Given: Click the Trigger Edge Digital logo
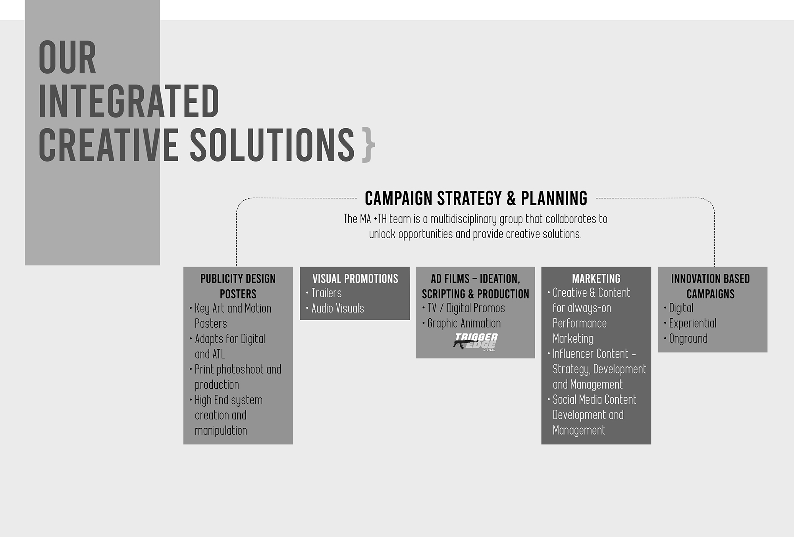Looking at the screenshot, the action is [476, 342].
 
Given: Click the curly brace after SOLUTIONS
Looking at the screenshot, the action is [368, 145].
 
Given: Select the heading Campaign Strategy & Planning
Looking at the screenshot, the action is [476, 198].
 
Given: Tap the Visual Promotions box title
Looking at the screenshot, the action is [355, 279].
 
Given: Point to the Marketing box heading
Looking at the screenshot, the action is [596, 279].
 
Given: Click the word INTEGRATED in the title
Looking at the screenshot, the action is [129, 101].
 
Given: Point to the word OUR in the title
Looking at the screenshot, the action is [67, 58].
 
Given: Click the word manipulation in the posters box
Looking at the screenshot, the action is [221, 431].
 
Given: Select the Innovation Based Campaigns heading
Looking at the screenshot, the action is [711, 286].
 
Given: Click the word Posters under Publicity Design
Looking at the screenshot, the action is [238, 294].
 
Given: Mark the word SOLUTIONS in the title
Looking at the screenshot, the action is [272, 145].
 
